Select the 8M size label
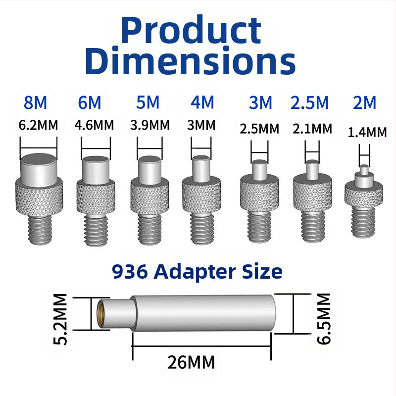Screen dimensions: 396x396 pos(35,102)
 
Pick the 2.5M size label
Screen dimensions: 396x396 pos(310,102)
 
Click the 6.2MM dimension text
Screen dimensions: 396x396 pos(39,125)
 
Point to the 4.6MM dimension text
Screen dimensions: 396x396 pos(94,125)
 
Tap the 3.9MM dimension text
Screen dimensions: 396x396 pos(150,125)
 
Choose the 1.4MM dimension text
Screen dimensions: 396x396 pos(367,133)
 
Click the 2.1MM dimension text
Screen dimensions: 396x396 pos(312,129)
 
